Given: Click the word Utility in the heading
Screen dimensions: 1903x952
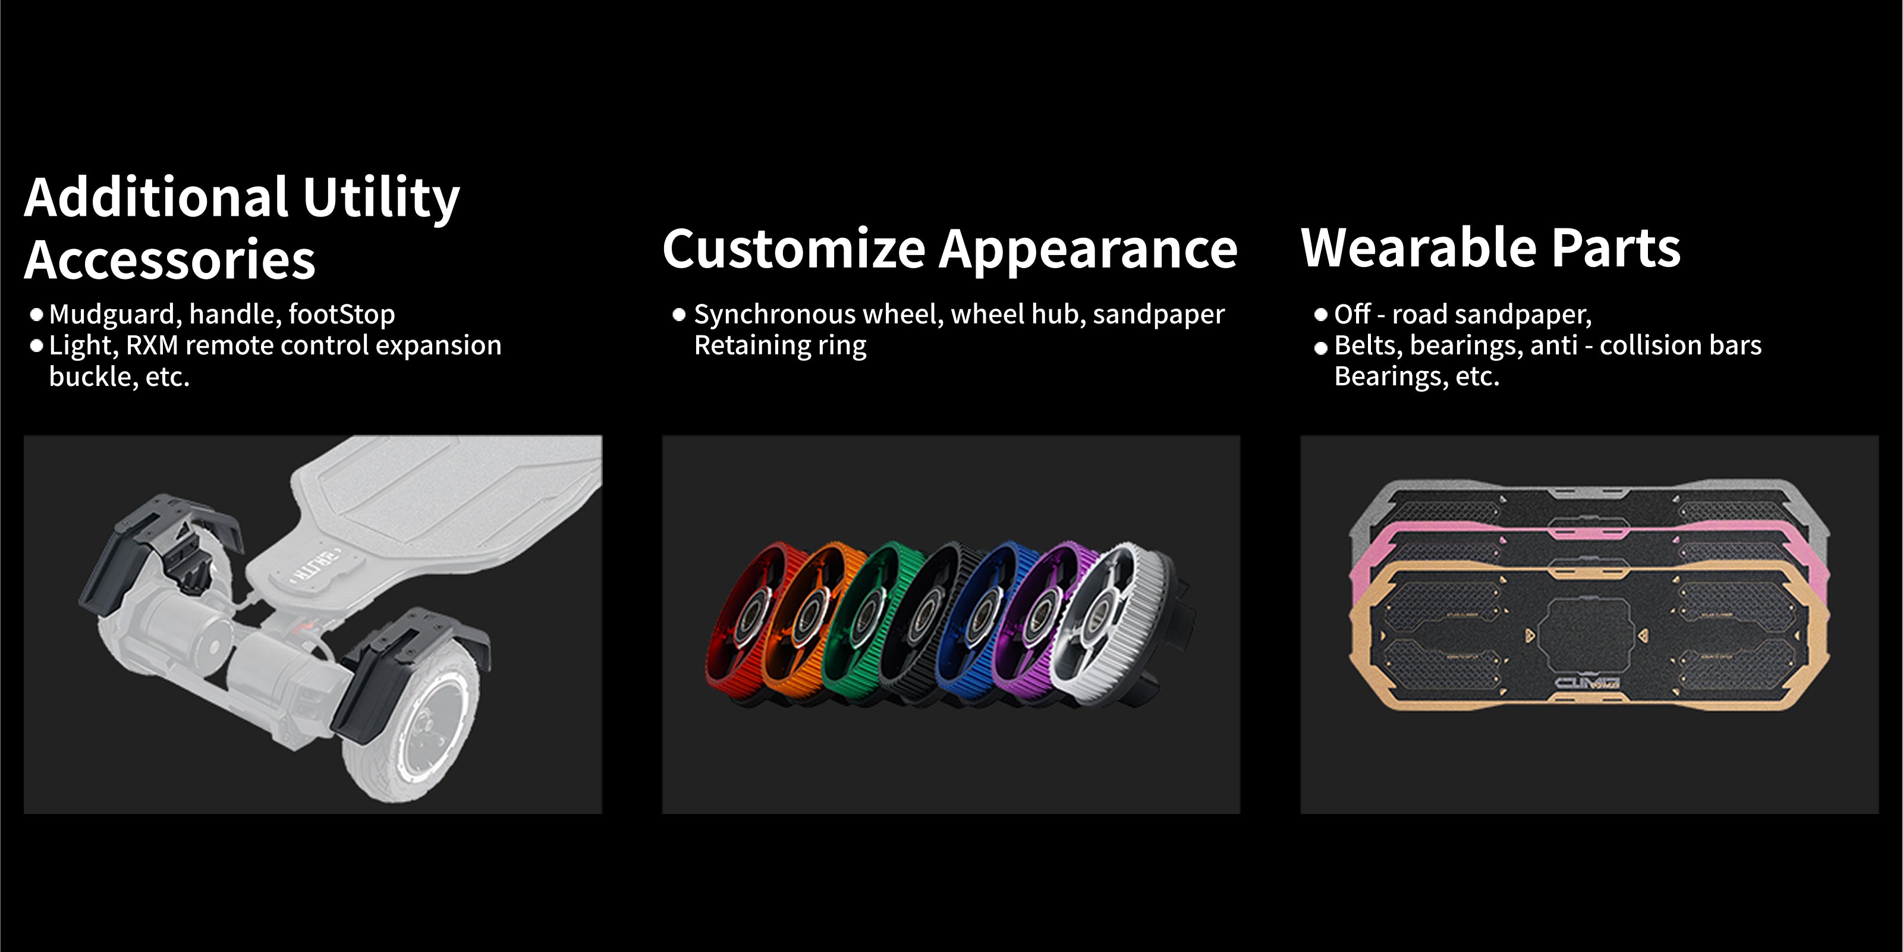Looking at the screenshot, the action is [x=381, y=197].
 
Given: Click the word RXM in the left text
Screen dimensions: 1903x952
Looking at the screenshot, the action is [x=152, y=345].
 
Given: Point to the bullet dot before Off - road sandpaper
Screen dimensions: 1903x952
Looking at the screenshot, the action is [x=1321, y=315].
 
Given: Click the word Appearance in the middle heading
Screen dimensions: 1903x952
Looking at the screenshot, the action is [x=1087, y=250].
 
